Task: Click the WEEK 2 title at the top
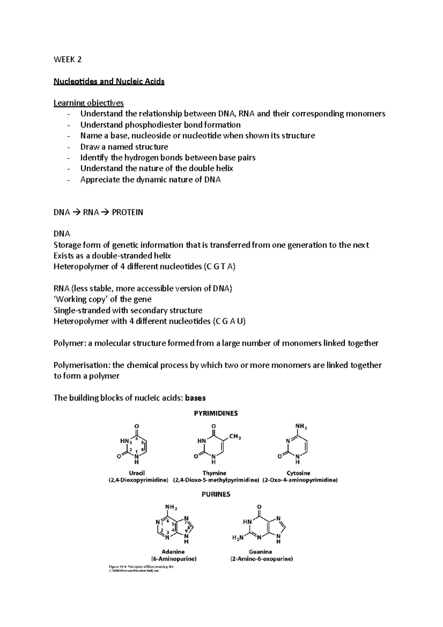(68, 59)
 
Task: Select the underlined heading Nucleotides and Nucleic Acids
(109, 81)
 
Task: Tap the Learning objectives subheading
(89, 103)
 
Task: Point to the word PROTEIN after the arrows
(127, 212)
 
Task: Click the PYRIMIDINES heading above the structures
(216, 414)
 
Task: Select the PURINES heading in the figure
(216, 494)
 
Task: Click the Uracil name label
(137, 473)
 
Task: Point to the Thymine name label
(214, 473)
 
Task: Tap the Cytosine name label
(298, 473)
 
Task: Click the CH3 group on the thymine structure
(235, 437)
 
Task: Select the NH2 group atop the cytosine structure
(301, 426)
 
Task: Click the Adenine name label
(173, 552)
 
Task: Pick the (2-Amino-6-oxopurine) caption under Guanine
(261, 559)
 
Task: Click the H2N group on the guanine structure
(238, 538)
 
